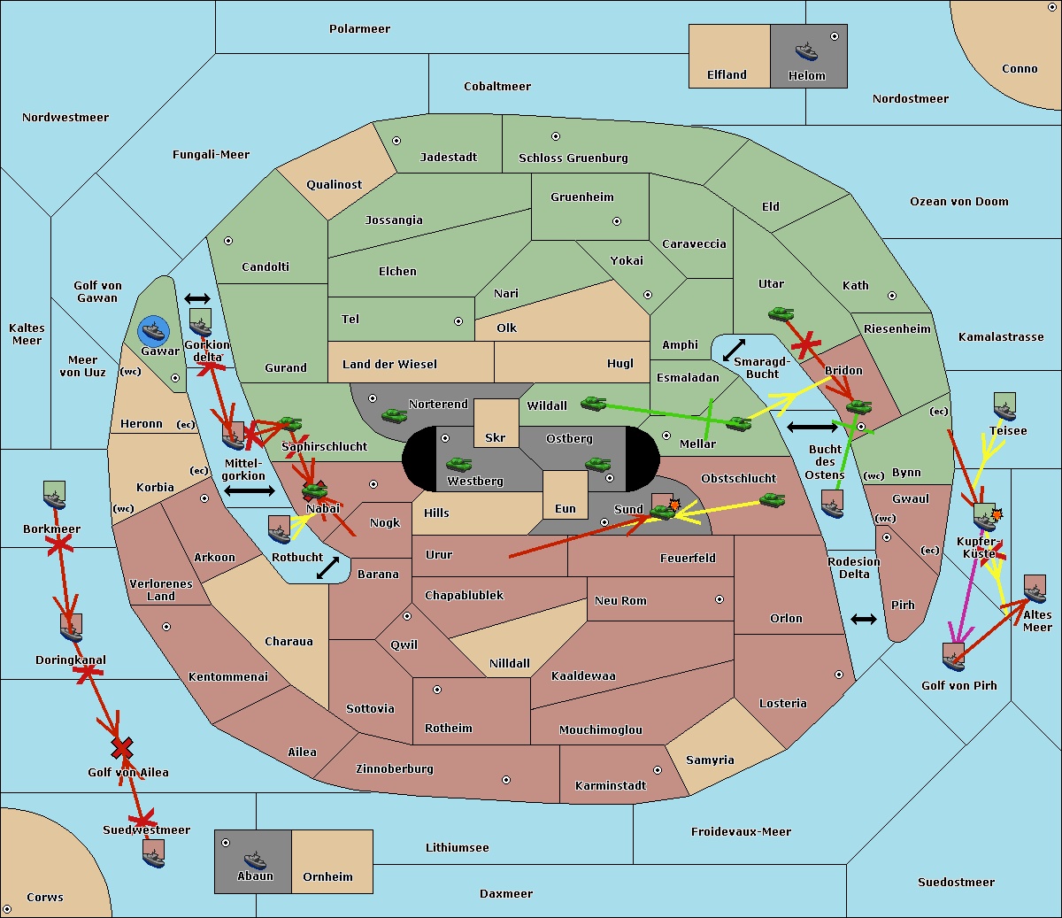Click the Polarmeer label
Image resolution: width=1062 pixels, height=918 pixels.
359,29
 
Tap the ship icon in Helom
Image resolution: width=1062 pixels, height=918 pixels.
806,50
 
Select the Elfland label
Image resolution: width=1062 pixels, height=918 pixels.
727,75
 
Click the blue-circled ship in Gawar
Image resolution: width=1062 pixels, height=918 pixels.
154,331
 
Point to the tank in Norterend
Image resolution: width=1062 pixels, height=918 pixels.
394,414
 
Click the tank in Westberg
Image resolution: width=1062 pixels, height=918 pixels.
458,464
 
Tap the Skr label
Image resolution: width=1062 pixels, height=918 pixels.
496,437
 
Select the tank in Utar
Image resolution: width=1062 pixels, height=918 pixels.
781,312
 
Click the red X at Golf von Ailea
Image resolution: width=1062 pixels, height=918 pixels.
122,749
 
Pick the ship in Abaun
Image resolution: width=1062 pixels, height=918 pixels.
255,859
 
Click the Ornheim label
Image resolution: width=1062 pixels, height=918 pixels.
327,876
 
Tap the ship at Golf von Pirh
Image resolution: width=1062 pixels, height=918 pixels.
953,656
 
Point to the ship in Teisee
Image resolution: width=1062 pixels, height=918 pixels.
1004,406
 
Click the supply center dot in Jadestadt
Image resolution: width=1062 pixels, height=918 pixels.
396,140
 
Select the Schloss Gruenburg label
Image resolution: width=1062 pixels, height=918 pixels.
573,158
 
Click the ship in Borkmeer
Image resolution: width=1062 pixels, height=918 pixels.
55,496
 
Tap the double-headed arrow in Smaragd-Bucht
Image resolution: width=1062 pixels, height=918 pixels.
734,350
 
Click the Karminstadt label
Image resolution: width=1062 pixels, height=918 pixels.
611,785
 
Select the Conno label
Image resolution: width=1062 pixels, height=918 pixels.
1020,68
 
